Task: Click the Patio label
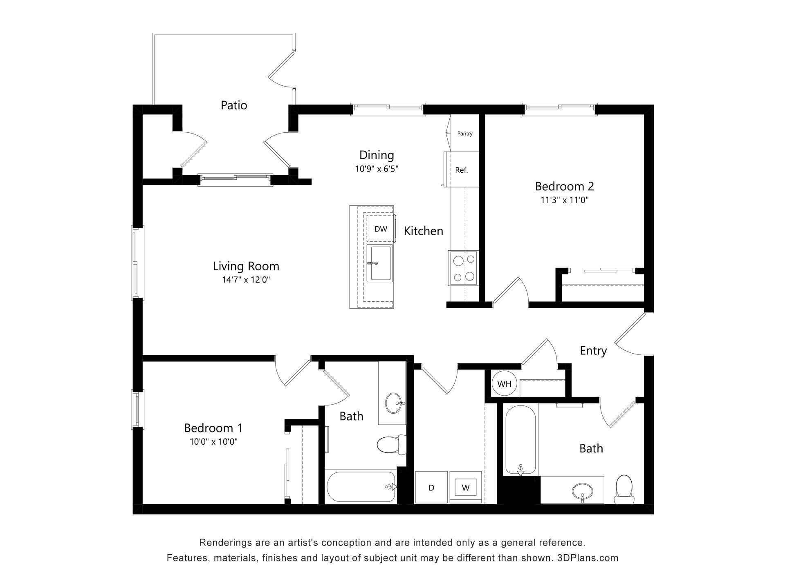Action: (234, 105)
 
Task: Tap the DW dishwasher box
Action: (381, 229)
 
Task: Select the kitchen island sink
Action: (379, 263)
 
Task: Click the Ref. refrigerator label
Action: (461, 170)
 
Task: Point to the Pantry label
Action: (465, 134)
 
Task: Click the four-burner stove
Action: (464, 268)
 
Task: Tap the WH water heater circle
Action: (504, 384)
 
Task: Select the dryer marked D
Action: (431, 488)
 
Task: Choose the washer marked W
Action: (466, 488)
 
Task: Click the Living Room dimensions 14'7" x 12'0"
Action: (246, 280)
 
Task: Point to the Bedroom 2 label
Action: (564, 186)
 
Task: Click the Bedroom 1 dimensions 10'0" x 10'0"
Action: (213, 442)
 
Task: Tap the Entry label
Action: (593, 350)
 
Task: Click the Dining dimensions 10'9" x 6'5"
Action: (377, 169)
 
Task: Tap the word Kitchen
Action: (423, 231)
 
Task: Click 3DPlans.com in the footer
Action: (588, 558)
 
